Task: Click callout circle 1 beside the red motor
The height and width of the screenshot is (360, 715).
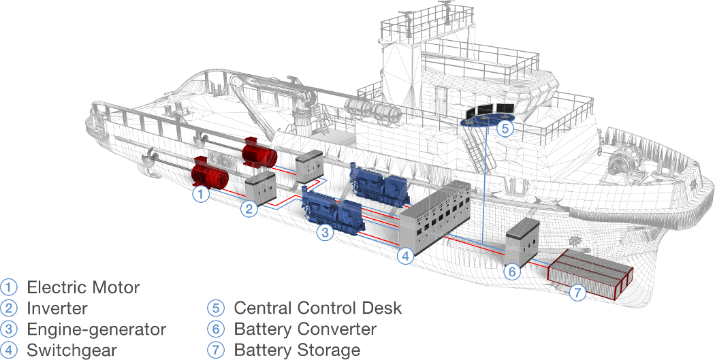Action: (x=200, y=195)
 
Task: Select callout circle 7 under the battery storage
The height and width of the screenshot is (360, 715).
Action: (x=577, y=293)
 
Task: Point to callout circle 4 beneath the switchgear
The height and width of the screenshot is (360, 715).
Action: (x=405, y=257)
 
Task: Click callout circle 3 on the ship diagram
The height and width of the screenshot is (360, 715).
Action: (x=325, y=233)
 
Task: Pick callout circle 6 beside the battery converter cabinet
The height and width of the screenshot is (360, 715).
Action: (x=513, y=272)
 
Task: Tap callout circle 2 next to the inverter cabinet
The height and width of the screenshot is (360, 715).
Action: (x=250, y=209)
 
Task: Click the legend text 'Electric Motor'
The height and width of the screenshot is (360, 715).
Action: (x=83, y=287)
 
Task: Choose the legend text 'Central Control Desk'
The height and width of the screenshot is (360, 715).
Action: (x=317, y=308)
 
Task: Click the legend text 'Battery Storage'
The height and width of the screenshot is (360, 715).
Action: (x=297, y=350)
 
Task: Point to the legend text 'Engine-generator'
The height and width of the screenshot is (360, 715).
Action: (x=96, y=329)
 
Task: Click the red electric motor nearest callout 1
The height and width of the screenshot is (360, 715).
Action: (x=210, y=173)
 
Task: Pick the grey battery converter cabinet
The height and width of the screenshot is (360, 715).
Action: (x=523, y=242)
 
